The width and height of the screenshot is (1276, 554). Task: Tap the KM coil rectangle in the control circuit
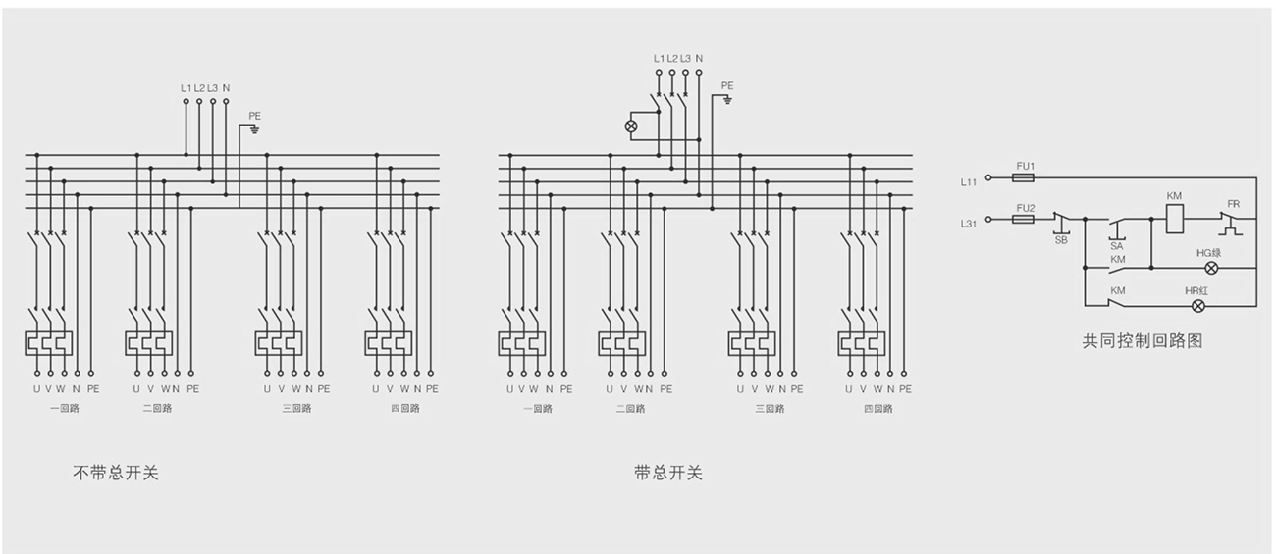point(1175,219)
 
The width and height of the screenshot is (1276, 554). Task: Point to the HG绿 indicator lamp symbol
point(1210,267)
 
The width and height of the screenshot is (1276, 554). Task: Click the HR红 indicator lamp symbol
point(1197,306)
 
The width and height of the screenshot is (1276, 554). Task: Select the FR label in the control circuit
point(1233,204)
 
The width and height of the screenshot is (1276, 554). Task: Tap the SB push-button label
point(1061,240)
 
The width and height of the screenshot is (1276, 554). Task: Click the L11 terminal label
point(970,182)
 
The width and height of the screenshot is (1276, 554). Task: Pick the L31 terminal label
point(970,225)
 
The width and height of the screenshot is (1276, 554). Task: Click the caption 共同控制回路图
point(1142,341)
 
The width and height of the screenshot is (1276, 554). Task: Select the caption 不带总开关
point(116,474)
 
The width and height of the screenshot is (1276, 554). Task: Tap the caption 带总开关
point(668,474)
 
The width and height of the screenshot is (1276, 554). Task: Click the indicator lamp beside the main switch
point(632,126)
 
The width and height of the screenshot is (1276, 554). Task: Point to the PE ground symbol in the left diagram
point(254,128)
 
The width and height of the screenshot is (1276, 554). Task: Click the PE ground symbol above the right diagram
point(726,99)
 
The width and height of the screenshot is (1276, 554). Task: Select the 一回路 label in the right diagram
point(536,408)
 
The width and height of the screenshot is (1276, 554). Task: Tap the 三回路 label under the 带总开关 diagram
point(770,408)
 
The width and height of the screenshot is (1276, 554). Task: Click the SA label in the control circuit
point(1117,246)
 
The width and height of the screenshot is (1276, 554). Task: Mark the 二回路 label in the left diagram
point(156,408)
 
